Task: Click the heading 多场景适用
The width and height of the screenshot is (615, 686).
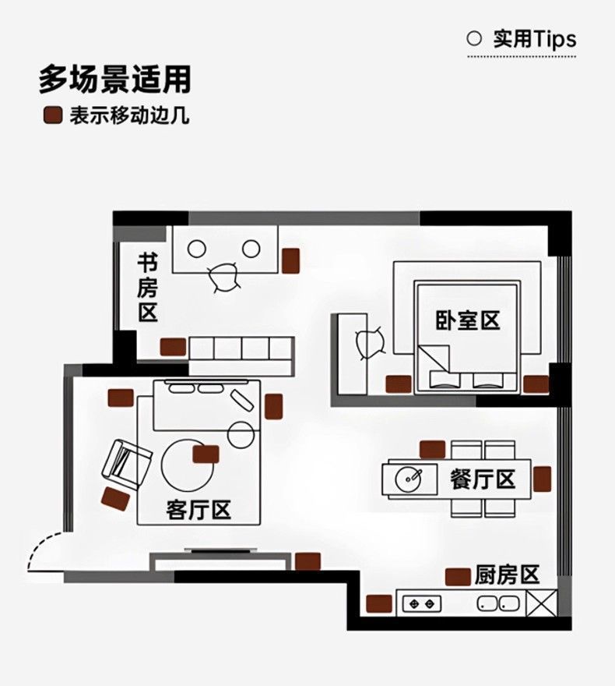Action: coord(114,80)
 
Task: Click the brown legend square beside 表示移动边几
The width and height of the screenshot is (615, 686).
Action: coord(52,116)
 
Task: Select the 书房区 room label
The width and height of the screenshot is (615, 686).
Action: coord(148,286)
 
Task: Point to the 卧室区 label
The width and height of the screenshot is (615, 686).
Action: coord(467,320)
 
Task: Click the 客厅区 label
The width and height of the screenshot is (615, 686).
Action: coord(199,511)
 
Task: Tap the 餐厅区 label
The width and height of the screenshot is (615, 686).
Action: coord(483,479)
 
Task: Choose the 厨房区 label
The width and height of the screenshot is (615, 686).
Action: coord(507,575)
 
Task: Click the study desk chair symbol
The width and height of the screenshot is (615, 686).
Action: coord(223,277)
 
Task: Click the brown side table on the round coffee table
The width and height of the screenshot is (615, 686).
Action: coord(206,455)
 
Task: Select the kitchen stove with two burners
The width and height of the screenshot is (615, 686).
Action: coord(421,603)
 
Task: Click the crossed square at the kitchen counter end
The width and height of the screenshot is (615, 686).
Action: coord(542,602)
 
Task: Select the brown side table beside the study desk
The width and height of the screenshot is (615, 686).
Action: coord(292,260)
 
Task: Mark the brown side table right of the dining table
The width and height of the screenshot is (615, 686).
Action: coord(543,479)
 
